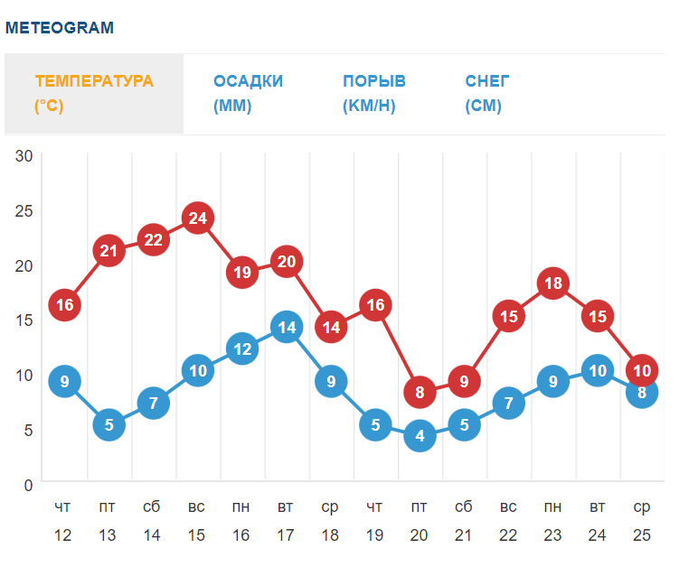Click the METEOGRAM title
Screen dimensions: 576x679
[x=60, y=28]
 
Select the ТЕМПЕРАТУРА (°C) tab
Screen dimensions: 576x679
[x=94, y=93]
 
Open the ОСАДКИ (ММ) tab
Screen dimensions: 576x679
[x=248, y=93]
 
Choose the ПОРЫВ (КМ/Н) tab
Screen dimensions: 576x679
[x=374, y=93]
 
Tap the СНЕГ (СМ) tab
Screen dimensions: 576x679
[x=487, y=93]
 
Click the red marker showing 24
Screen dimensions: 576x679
[x=198, y=218]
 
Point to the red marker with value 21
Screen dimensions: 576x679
[x=109, y=251]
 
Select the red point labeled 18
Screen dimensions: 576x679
[x=553, y=283]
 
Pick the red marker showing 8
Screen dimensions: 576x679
[x=420, y=393]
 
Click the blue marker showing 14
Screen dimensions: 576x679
[x=287, y=328]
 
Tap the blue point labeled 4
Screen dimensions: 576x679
[x=420, y=436]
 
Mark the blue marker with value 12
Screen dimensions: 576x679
[x=242, y=349]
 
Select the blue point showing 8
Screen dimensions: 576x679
[x=642, y=393]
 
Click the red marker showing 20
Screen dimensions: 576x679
[x=287, y=262]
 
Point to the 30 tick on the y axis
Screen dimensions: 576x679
[x=24, y=155]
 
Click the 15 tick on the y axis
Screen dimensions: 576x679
[x=24, y=320]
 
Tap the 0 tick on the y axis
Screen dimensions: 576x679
[x=28, y=485]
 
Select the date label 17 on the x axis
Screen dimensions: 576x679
[x=286, y=535]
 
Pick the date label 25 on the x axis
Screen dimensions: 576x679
[x=641, y=535]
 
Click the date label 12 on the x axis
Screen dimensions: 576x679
[x=63, y=535]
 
